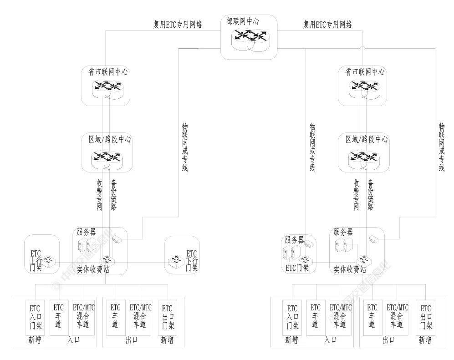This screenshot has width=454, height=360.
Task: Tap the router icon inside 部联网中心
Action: [249, 40]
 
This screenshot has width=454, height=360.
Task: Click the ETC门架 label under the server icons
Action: [297, 268]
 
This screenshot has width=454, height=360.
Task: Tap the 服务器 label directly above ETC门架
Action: [294, 239]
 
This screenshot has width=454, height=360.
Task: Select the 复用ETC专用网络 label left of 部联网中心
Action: [178, 25]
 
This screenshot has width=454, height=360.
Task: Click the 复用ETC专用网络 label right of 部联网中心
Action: [327, 25]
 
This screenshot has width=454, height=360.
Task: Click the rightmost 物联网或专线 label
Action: [441, 147]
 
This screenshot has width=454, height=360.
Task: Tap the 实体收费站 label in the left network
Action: [93, 269]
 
